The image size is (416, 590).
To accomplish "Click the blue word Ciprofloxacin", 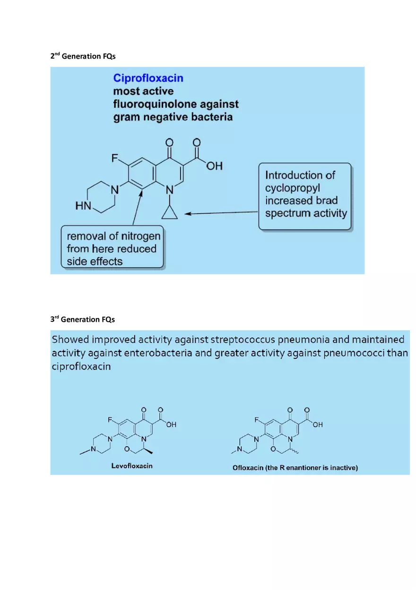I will (148, 78).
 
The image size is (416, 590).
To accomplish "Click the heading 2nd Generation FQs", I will (83, 56).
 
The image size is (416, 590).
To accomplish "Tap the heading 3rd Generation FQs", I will (82, 319).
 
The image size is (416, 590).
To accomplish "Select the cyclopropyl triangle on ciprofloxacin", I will (170, 213).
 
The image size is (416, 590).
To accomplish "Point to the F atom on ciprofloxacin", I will (115, 159).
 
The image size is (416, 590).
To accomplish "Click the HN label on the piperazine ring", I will (83, 206).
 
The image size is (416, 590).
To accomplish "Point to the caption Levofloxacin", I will (132, 466).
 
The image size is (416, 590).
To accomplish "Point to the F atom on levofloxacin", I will (110, 420).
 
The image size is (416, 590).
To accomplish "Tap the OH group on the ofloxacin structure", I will (318, 425).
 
